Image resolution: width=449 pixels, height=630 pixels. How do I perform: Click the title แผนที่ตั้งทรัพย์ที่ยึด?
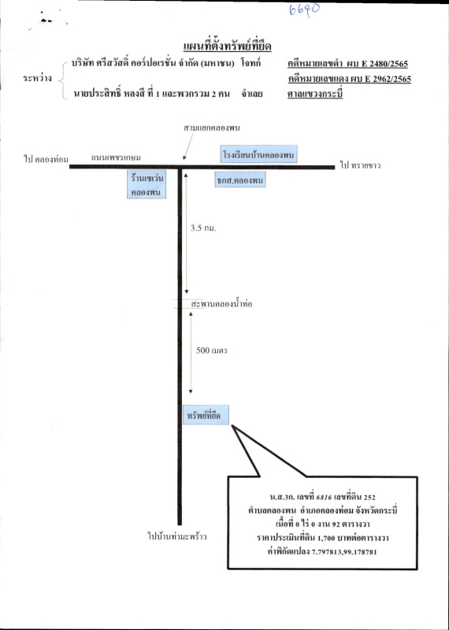227,46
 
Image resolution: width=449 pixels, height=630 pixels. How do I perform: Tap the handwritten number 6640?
304,9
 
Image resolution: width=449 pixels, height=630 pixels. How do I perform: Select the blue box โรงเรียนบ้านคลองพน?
259,154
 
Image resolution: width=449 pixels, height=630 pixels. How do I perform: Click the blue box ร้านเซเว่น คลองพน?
147,185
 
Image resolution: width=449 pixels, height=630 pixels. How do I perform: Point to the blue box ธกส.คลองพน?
240,180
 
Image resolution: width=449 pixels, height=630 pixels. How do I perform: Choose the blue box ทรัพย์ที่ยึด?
206,415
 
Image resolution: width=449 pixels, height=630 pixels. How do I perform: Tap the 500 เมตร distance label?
212,350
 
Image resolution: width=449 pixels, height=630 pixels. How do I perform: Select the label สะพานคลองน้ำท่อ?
222,304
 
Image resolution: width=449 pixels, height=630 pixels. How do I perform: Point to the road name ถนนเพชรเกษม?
116,157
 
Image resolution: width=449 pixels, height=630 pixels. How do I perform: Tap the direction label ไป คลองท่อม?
46,160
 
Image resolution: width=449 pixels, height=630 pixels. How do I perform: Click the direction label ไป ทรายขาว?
360,165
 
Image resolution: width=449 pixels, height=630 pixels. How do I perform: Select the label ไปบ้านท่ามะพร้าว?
177,536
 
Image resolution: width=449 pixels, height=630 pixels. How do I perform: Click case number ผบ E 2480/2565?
377,64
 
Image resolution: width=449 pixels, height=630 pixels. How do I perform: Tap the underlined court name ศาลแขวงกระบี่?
315,94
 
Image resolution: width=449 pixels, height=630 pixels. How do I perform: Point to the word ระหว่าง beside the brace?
37,78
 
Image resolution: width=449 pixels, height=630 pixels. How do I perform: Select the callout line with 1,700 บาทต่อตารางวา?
323,538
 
